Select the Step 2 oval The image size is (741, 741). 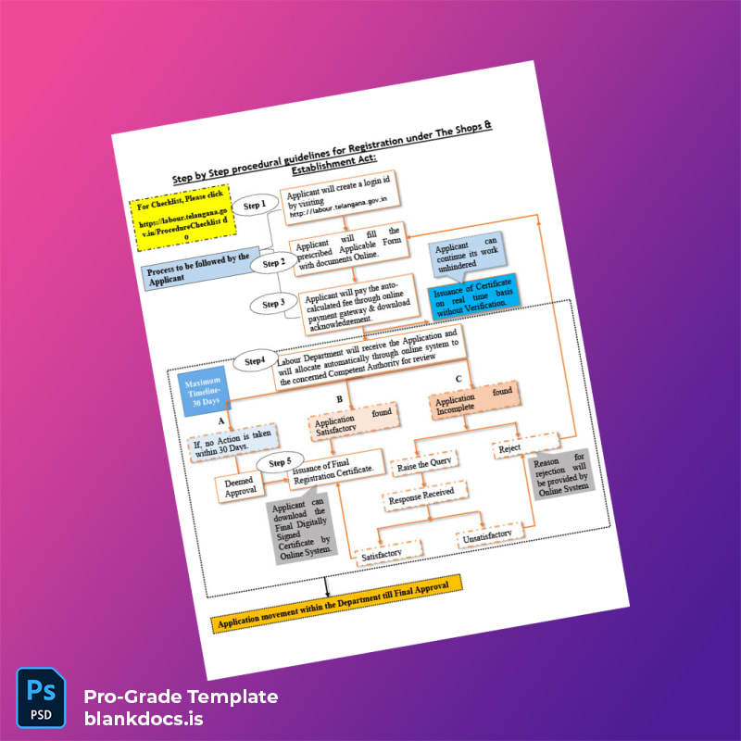point(273,263)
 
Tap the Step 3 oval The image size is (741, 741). point(272,304)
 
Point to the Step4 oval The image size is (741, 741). point(256,360)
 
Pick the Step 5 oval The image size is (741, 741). point(280,462)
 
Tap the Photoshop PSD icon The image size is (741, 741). point(41,695)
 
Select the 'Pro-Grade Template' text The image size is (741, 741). point(180,697)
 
